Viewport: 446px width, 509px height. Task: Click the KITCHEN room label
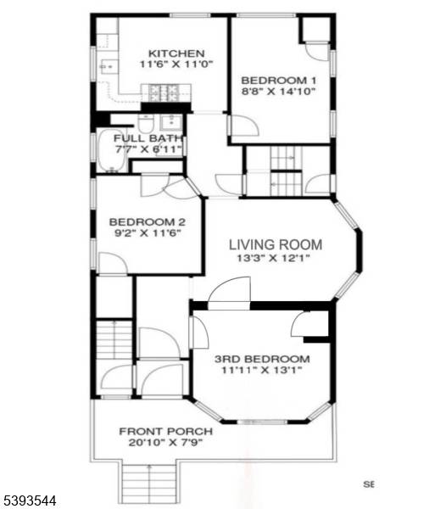coord(176,53)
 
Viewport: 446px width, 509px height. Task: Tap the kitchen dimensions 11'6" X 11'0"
coord(176,64)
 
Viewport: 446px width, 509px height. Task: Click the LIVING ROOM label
coord(276,245)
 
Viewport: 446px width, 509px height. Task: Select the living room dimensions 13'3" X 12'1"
coord(276,260)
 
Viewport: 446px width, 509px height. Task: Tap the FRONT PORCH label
coord(165,430)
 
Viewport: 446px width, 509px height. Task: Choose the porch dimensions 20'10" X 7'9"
coord(165,442)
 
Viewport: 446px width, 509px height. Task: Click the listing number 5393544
coord(30,501)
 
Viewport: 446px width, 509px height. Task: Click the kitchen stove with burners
coord(163,92)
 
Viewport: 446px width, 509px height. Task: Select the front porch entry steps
coord(149,484)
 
